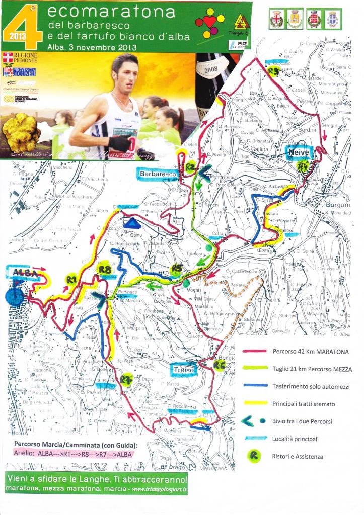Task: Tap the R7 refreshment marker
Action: [126, 378]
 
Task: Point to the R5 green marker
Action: [176, 267]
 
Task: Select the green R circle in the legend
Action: [257, 456]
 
